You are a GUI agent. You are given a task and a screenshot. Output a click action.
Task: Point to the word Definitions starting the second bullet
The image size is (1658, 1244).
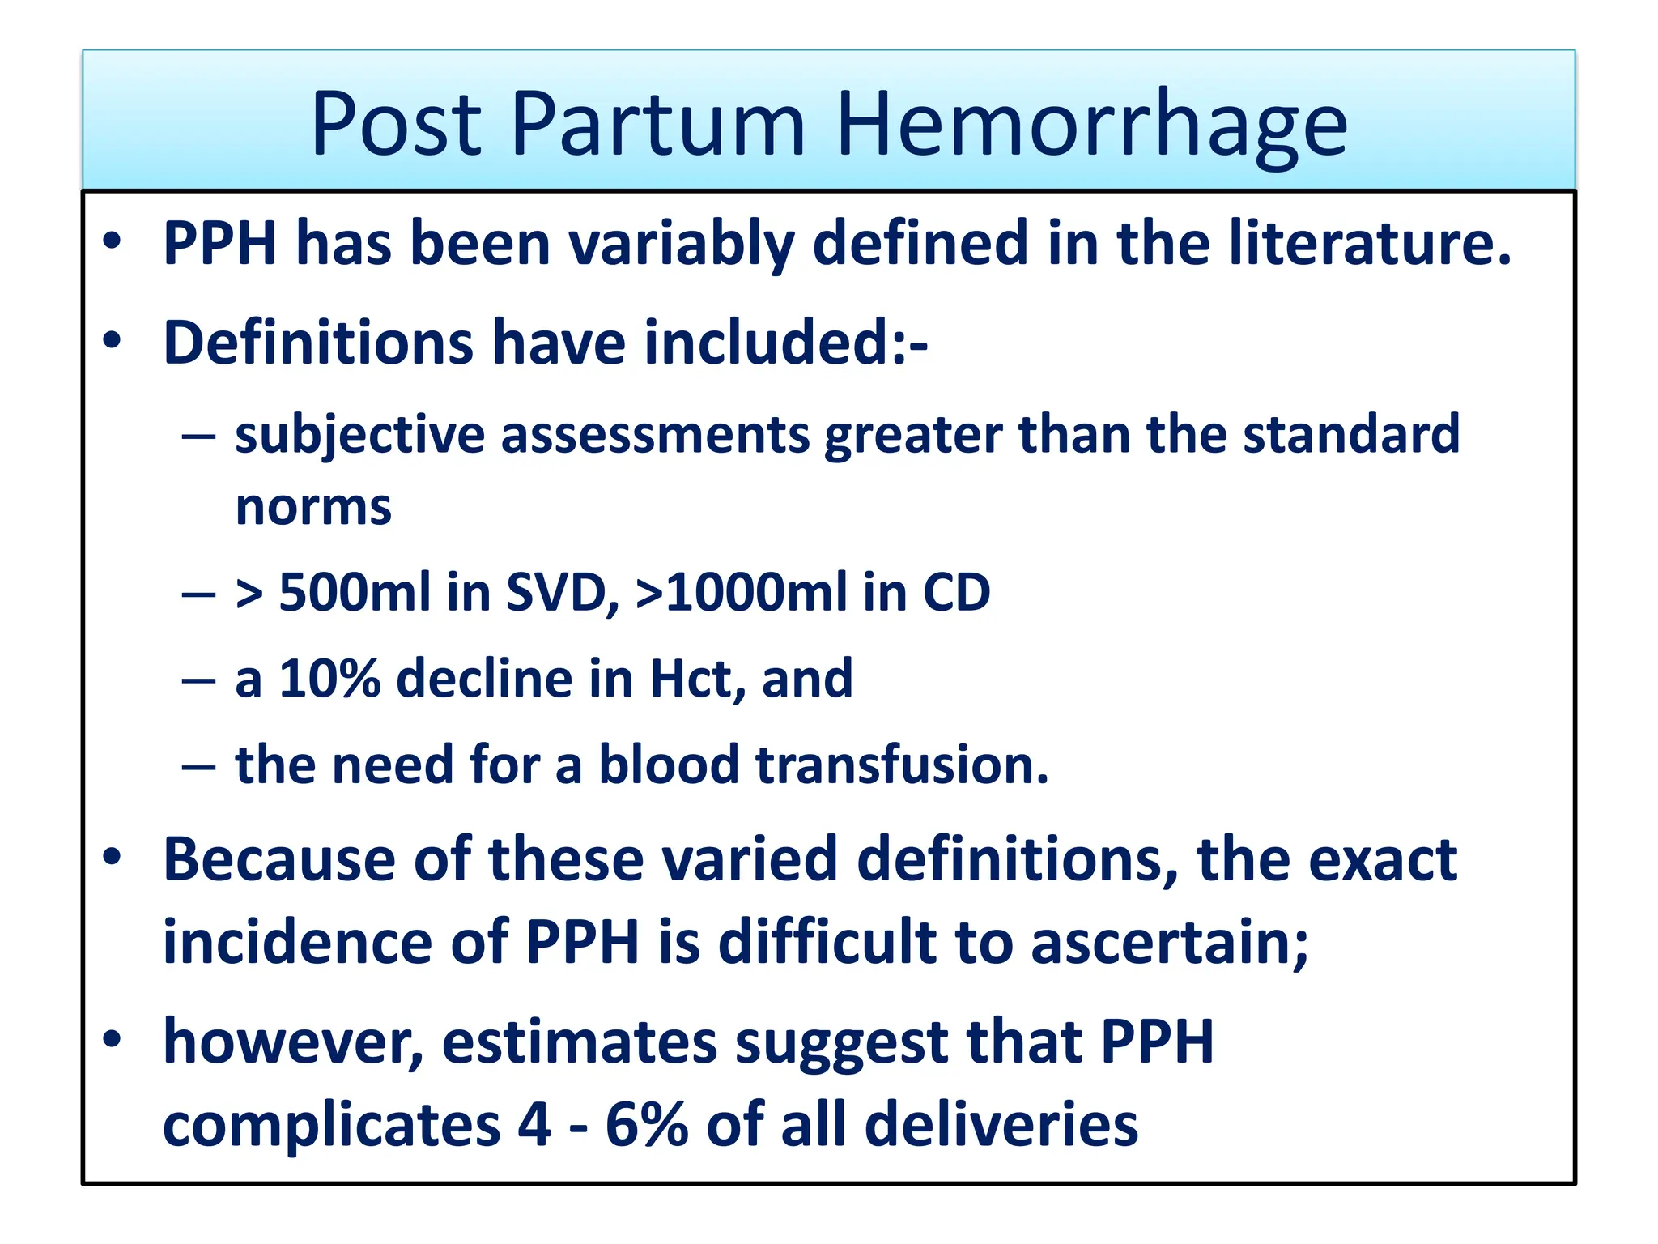coord(317,343)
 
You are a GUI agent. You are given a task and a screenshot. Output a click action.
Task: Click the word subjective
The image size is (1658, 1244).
coord(360,436)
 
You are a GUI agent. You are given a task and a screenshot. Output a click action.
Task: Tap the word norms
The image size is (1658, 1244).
coord(313,508)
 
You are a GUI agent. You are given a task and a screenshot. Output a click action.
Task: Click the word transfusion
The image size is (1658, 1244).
coord(901,765)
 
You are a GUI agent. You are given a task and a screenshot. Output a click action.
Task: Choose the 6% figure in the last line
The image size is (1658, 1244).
coord(645,1125)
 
